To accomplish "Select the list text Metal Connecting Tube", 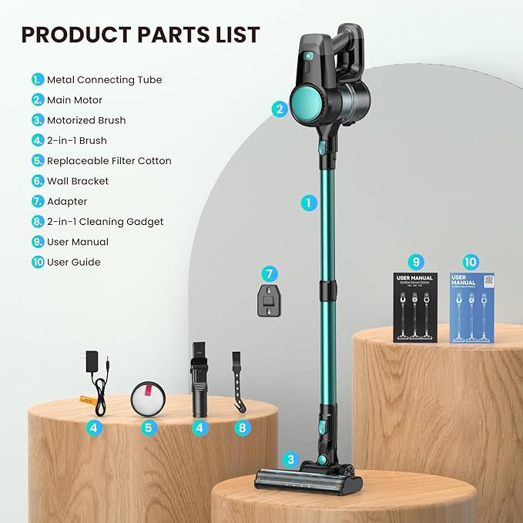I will (104, 79).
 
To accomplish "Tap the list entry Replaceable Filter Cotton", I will (109, 161).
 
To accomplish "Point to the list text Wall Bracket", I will (78, 181).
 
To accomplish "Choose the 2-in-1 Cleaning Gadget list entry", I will (105, 222).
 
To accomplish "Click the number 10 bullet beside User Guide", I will (38, 263).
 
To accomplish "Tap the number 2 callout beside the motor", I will (279, 109).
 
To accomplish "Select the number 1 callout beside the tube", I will (308, 203).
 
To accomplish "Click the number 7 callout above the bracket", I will (269, 273).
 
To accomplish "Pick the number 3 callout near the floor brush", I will (290, 460).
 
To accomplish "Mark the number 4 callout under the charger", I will (94, 427).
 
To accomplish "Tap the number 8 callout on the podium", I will (243, 427).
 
